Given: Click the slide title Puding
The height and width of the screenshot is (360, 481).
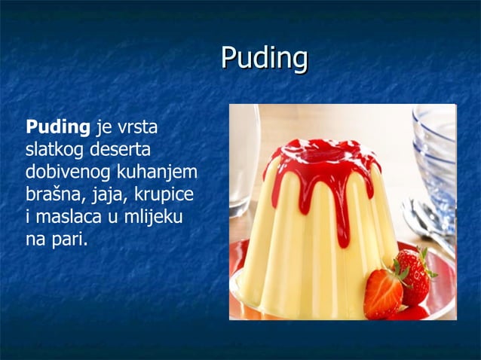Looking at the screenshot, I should point(265,59).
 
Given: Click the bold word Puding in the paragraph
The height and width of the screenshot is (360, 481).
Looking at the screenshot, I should point(57,124).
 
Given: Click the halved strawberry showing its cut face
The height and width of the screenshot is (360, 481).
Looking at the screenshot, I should point(382,294).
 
